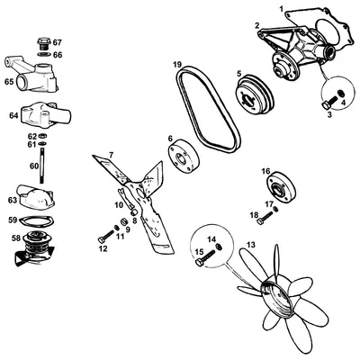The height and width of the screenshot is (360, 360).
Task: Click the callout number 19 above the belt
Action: (178, 64)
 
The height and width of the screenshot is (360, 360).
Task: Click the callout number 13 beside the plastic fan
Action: (251, 245)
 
